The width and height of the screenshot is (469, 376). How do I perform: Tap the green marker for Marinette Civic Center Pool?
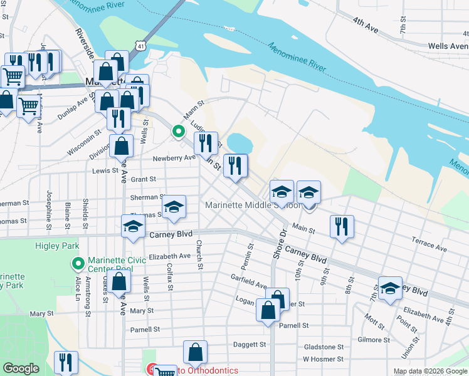click(x=78, y=263)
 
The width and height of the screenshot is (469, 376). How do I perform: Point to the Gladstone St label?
click(x=323, y=347)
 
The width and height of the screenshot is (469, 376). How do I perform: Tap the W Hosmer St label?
click(x=322, y=359)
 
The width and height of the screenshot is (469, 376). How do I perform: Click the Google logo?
click(x=21, y=368)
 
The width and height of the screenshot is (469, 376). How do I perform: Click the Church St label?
click(x=199, y=255)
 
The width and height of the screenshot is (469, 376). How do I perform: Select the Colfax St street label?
click(x=170, y=276)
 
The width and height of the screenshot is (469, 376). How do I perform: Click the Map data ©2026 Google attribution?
click(x=429, y=371)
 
